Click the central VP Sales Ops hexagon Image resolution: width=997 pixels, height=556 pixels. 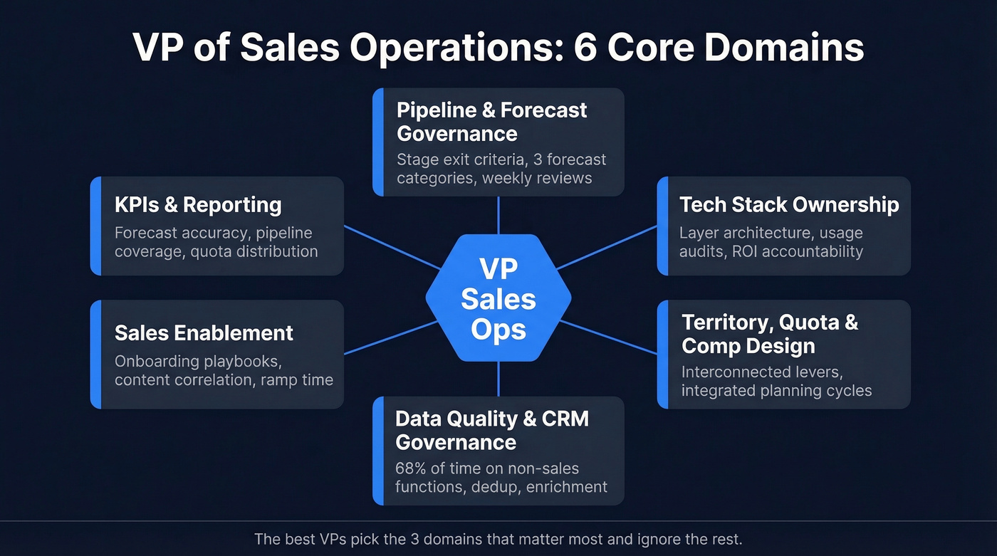click(x=499, y=299)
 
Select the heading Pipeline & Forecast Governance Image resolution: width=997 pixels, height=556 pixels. click(x=491, y=122)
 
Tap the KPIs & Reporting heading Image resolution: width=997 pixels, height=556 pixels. click(x=198, y=205)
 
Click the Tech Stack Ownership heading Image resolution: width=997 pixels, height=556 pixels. click(x=789, y=205)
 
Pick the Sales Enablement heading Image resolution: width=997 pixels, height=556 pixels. click(x=204, y=333)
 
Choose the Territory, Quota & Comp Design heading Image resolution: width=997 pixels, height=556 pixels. click(x=770, y=334)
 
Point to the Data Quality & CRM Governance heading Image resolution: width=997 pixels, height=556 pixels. click(x=491, y=430)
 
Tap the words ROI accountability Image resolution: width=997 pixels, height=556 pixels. click(x=798, y=251)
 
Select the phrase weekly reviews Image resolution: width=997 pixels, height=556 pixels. click(x=537, y=178)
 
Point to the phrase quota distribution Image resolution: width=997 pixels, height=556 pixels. click(x=254, y=251)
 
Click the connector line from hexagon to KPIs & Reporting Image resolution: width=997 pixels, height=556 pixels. click(x=392, y=248)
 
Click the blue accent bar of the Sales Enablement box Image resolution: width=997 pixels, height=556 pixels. click(x=95, y=355)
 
